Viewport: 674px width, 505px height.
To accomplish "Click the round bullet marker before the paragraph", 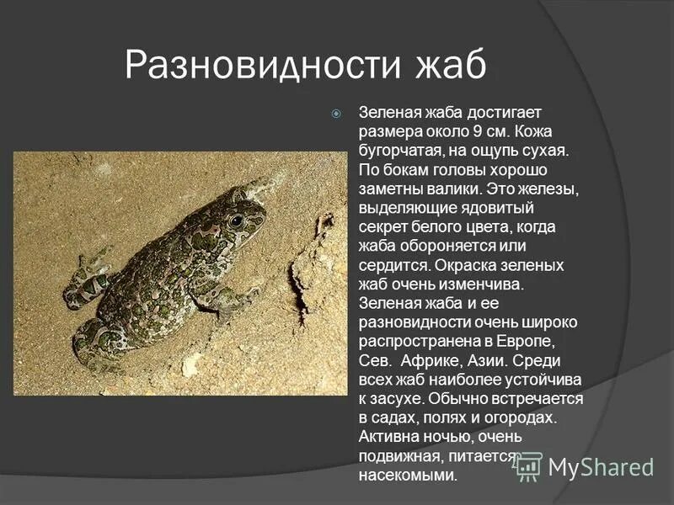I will coord(336,113).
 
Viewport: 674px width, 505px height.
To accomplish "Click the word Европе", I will coord(551,341).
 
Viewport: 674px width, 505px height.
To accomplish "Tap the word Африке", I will coord(432,360).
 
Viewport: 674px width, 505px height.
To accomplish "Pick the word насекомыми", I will coord(408,476).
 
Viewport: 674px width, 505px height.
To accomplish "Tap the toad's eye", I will coord(236,221).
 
